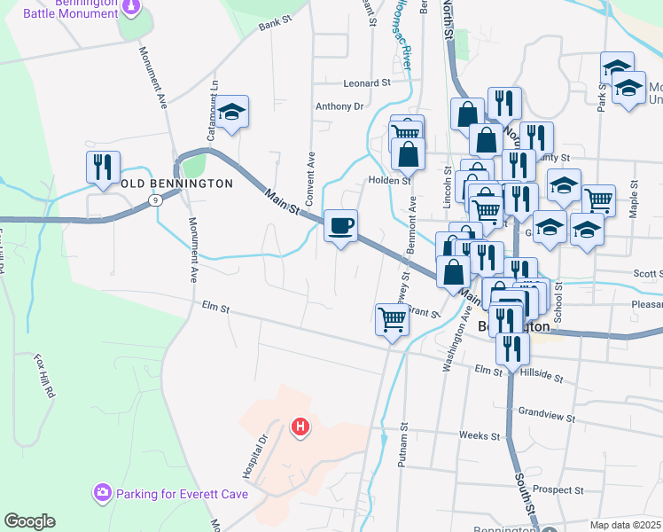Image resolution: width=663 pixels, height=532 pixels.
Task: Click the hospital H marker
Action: [x=300, y=427]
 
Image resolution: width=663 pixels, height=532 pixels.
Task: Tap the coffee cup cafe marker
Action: [x=340, y=225]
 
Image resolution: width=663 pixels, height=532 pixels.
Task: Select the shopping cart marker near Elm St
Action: [x=392, y=318]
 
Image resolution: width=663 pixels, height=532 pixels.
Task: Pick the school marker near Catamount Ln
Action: [x=232, y=112]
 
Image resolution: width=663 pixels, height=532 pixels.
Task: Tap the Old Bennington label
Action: [x=176, y=184]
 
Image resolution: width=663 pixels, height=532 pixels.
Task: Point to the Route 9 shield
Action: [x=155, y=200]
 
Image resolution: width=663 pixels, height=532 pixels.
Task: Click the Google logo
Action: [x=29, y=521]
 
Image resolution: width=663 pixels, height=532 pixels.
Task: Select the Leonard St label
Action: [x=367, y=82]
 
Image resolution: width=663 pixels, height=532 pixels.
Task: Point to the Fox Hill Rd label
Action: [x=44, y=375]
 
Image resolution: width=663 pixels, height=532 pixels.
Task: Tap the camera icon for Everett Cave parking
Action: [x=103, y=491]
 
